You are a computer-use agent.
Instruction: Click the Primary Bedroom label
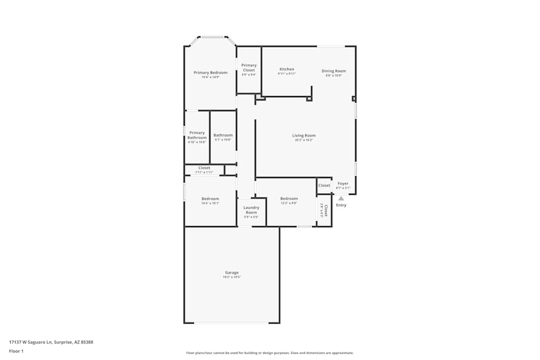(x=211, y=73)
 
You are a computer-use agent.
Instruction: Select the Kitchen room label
(x=287, y=70)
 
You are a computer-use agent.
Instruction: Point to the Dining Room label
(x=334, y=71)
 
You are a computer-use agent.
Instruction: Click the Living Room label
(x=304, y=136)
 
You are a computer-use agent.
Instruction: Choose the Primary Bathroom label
(x=197, y=135)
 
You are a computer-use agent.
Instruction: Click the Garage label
(x=232, y=273)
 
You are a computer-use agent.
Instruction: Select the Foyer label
(x=343, y=184)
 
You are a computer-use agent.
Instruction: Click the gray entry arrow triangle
(x=341, y=199)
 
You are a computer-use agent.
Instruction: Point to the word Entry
(x=341, y=205)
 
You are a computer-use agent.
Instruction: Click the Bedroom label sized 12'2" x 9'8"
(x=289, y=199)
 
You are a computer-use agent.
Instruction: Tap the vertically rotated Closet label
(x=325, y=210)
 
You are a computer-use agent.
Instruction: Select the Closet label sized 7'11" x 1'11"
(x=204, y=168)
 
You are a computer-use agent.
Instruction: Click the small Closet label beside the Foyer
(x=324, y=186)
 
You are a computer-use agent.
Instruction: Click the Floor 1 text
(x=16, y=351)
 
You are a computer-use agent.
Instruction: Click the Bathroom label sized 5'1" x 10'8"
(x=223, y=135)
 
